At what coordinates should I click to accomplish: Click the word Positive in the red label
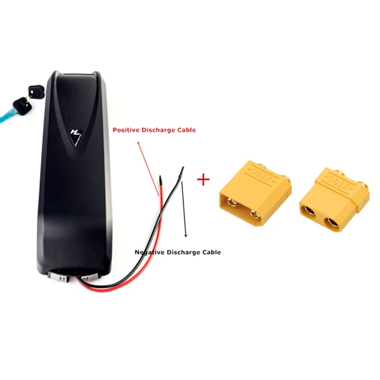(126, 130)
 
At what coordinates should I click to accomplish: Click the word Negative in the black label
(149, 252)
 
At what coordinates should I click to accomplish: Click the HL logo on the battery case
(76, 136)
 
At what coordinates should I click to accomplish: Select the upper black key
(36, 91)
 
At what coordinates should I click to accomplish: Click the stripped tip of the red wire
(160, 180)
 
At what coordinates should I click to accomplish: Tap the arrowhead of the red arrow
(139, 143)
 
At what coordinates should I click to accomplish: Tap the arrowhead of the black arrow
(186, 235)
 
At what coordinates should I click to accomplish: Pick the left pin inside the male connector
(232, 201)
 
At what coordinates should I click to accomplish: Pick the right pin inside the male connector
(254, 213)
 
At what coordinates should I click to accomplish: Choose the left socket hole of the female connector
(308, 211)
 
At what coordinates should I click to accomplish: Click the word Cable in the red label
(186, 130)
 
